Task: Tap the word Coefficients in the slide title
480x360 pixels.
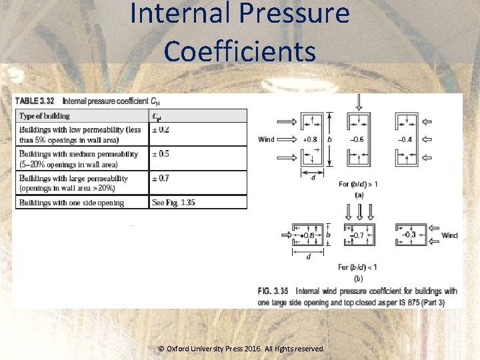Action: (240, 51)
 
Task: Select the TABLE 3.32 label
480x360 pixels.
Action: (36, 101)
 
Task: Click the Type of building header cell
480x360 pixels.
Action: (45, 116)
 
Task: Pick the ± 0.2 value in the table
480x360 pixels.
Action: (161, 129)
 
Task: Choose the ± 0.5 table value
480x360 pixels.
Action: (161, 154)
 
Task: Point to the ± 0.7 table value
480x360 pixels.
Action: (161, 179)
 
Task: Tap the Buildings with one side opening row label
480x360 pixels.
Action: (71, 202)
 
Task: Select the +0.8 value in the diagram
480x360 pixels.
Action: (310, 140)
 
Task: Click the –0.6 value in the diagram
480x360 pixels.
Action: (357, 140)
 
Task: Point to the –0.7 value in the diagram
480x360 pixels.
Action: (358, 235)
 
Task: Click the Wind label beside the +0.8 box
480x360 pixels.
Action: (266, 139)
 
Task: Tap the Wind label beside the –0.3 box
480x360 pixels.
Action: (449, 235)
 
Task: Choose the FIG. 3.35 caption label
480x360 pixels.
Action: (273, 291)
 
